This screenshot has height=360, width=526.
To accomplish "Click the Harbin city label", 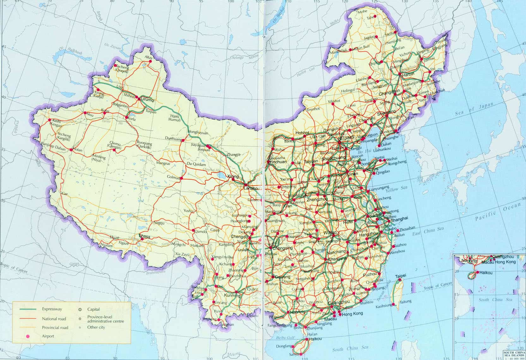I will point(408,75).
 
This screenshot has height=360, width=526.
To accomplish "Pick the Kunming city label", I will point(232,296).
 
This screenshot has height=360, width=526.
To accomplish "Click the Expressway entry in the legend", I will point(52,309).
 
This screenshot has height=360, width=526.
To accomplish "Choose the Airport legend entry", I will point(48,336).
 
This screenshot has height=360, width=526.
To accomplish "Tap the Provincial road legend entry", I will point(55,328).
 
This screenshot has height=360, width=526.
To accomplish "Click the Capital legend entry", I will point(94,309).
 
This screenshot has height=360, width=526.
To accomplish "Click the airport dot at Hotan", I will point(71,150).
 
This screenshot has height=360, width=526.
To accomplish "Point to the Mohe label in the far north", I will point(362,12).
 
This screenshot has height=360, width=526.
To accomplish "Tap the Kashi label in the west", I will point(57,121).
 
